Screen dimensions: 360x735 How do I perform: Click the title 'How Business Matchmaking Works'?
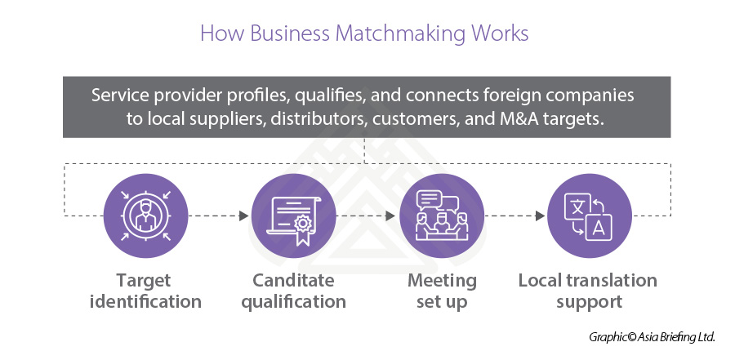click(364, 34)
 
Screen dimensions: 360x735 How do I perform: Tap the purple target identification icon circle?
click(146, 216)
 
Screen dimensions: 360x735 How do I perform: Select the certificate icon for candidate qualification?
click(293, 216)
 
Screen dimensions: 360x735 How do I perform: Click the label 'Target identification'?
click(146, 291)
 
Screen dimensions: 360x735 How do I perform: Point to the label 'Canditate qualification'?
click(293, 291)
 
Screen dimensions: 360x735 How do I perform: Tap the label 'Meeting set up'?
click(442, 291)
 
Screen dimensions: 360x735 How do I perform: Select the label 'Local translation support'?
click(588, 291)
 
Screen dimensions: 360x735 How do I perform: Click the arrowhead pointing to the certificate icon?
click(243, 216)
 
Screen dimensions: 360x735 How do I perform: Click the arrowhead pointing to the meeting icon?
click(391, 216)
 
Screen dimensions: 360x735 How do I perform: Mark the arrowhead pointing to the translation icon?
click(540, 216)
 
